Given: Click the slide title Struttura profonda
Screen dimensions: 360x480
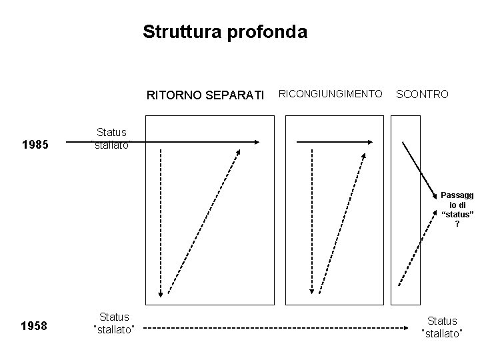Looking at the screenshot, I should click(225, 31).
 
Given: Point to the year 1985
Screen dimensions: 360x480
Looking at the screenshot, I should click(34, 143).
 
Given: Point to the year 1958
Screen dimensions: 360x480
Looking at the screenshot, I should click(34, 327).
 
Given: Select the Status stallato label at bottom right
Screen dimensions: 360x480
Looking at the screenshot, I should click(442, 327).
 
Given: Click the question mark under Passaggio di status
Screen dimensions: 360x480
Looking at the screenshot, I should click(457, 225).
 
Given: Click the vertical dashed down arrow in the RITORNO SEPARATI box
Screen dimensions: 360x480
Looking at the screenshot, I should click(160, 220).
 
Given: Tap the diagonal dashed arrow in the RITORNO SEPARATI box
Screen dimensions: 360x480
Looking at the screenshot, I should click(204, 220).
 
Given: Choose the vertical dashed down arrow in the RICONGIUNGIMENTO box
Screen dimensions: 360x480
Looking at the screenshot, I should click(311, 220).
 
